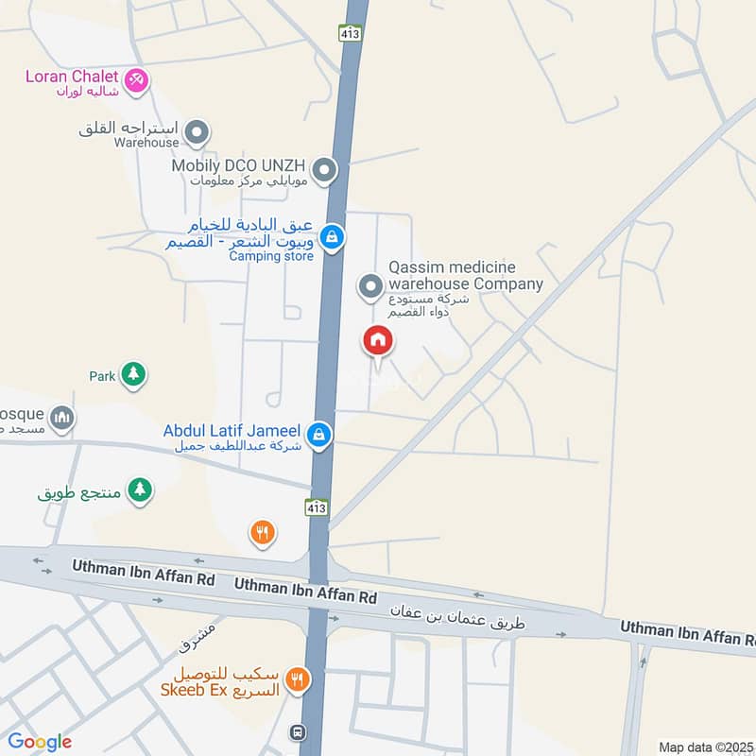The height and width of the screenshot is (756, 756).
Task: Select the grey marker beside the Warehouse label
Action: [197, 131]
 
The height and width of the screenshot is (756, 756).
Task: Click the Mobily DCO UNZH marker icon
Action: [324, 171]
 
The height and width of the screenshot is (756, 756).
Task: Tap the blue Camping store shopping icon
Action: [331, 237]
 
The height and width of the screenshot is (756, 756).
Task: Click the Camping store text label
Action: [270, 256]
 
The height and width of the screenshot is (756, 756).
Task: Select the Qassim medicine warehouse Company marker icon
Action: [371, 283]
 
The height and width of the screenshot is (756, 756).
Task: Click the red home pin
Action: [378, 341]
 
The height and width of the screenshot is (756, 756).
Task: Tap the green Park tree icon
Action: [133, 375]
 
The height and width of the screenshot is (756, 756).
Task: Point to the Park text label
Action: [102, 376]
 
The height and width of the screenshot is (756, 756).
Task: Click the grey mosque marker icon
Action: [62, 418]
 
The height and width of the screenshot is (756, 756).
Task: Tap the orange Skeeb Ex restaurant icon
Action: [299, 678]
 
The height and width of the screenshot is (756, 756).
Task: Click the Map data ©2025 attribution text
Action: [704, 747]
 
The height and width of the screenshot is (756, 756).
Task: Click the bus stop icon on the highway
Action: [298, 731]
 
